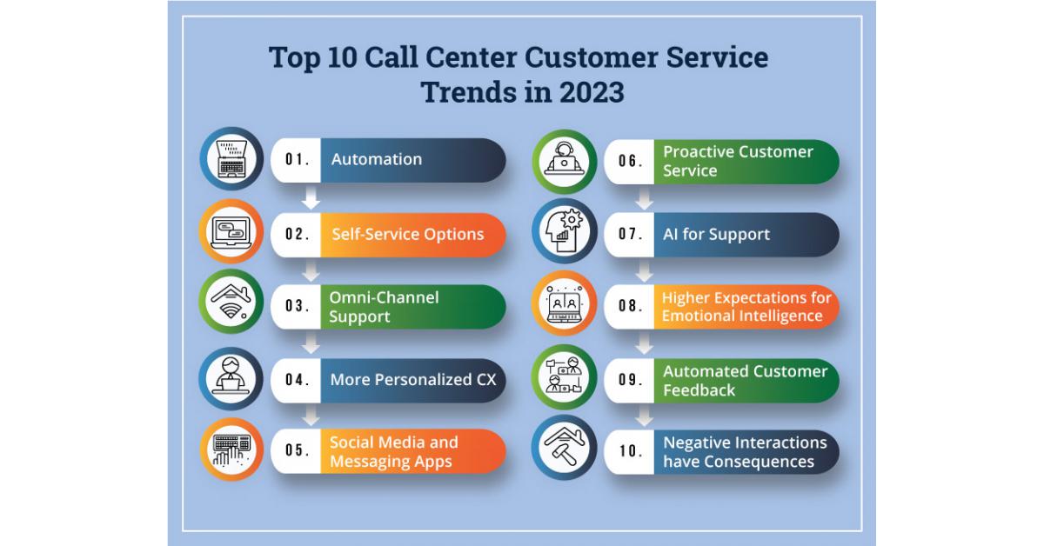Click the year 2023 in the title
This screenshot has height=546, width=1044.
point(592,92)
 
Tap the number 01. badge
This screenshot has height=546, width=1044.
point(298,160)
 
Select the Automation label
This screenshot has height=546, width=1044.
point(377,159)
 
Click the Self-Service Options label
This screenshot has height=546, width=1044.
point(408,234)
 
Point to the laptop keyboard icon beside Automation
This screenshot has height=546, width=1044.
point(231,159)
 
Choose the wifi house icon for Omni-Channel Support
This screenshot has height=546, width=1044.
point(231,302)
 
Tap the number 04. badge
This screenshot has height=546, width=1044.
point(298,380)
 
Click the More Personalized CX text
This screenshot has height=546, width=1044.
point(413,380)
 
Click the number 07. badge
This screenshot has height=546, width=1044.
point(631,234)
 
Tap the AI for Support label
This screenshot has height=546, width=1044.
point(716,235)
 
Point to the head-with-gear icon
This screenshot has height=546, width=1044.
point(564,231)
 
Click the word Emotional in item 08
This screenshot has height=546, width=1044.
point(696,316)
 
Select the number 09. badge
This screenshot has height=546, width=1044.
point(631,380)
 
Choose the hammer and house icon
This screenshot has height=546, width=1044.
point(565,446)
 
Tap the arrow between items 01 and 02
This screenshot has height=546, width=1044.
point(311,197)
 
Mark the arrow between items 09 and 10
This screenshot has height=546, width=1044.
point(644,416)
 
